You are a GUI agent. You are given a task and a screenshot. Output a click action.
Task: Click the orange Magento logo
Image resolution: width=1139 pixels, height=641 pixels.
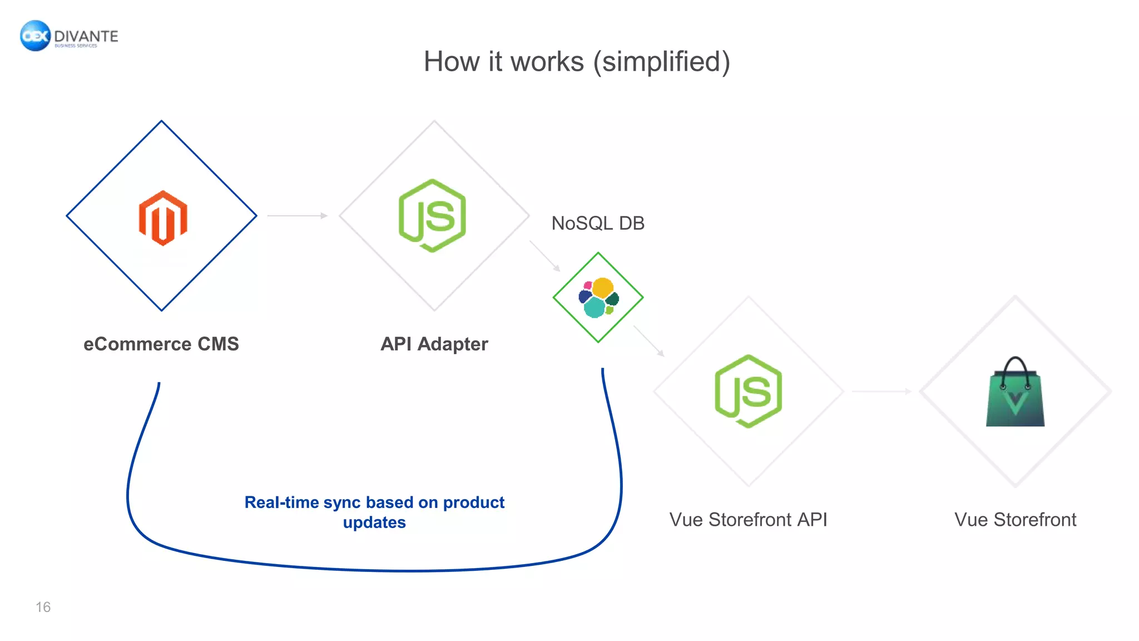click(162, 218)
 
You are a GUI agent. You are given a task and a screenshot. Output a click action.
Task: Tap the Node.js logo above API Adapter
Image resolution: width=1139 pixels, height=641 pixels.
click(433, 216)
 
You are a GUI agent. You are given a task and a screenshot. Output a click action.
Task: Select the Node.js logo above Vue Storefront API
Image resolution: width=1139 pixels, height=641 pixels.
click(748, 391)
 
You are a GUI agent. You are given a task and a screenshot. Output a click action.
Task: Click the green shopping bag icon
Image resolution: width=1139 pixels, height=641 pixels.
click(1015, 398)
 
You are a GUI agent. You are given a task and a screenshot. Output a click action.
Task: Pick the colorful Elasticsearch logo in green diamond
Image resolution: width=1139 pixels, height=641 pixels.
click(598, 298)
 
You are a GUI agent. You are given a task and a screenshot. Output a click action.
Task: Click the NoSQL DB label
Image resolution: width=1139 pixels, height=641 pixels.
click(598, 223)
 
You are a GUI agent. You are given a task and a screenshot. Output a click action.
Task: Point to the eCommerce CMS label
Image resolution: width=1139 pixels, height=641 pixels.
click(161, 344)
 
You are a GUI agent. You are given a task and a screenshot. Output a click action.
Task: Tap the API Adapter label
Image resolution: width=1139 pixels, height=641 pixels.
click(434, 344)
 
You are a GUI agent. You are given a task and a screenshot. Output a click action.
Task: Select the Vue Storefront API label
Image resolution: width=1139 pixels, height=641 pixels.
click(748, 519)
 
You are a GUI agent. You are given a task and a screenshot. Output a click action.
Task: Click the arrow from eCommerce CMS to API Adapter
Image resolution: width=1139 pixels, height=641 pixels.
click(298, 215)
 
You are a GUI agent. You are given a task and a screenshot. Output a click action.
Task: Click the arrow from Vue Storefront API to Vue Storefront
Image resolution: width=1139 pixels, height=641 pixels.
click(882, 391)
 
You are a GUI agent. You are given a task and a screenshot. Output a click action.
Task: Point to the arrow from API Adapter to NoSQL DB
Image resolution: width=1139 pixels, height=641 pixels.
click(544, 256)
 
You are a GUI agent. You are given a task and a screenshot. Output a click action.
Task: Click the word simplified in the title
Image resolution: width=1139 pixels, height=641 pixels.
click(661, 61)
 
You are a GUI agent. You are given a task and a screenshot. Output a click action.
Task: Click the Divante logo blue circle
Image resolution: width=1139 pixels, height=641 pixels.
click(35, 36)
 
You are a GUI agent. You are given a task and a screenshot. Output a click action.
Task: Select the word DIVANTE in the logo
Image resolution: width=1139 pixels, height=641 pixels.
click(86, 36)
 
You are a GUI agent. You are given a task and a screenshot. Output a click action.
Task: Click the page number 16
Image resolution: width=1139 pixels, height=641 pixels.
click(43, 607)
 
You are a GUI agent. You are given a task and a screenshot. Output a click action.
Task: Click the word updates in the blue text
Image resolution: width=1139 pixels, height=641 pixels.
click(374, 522)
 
